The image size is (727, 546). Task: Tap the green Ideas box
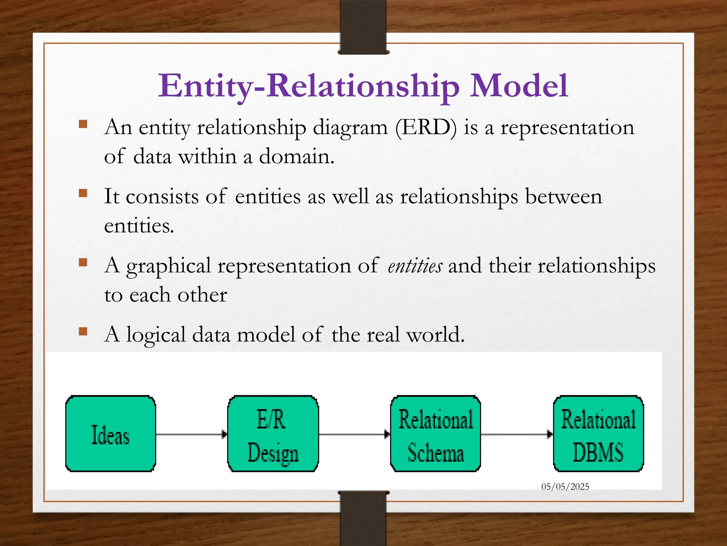pos(111,434)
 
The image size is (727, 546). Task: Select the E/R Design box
pos(273,434)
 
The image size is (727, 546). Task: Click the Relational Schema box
pos(436,434)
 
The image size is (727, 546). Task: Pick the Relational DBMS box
pos(598,434)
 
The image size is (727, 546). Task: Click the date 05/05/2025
pos(565,487)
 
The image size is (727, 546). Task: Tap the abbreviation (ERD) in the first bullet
pos(426,127)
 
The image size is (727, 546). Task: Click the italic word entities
pos(415,266)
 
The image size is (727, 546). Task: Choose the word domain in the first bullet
pos(296,156)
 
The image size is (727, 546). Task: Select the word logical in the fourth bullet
pos(156,335)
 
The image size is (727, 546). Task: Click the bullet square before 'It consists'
pos(83,193)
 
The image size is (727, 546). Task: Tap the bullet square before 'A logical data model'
pos(83,331)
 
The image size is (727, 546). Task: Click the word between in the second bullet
pos(563,197)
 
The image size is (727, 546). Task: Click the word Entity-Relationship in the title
pos(308,86)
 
